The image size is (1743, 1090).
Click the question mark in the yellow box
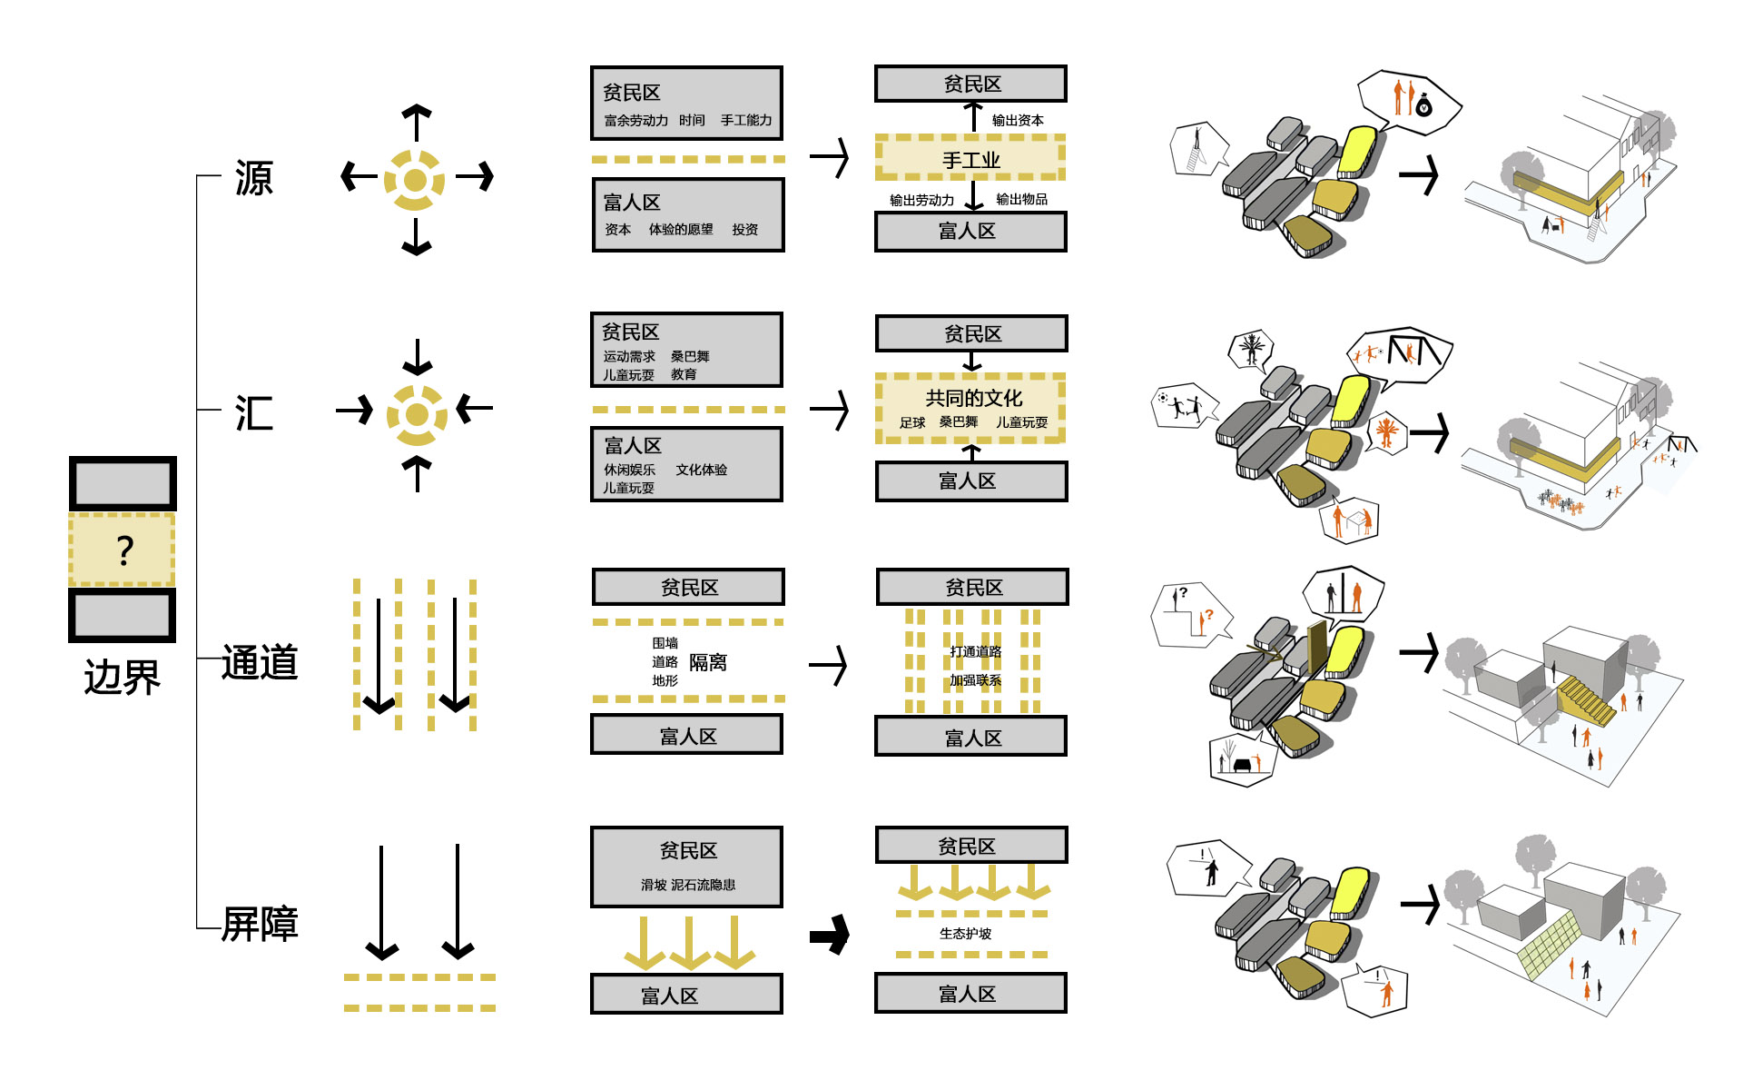[124, 550]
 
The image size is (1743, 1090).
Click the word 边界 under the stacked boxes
[122, 678]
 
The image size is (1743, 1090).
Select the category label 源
[253, 178]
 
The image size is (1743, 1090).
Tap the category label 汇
[253, 413]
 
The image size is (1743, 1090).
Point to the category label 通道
[260, 662]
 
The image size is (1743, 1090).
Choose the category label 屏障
[260, 924]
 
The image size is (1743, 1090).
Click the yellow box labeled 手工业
[970, 160]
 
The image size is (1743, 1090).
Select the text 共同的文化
[973, 398]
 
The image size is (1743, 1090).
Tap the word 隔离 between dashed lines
[707, 662]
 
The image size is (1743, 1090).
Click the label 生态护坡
[965, 934]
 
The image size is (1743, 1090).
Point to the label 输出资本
[1018, 120]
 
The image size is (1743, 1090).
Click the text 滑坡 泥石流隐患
[688, 885]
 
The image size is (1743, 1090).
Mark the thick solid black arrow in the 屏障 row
[830, 934]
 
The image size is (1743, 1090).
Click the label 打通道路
[975, 651]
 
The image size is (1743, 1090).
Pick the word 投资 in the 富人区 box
[744, 230]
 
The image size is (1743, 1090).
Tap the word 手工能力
[746, 120]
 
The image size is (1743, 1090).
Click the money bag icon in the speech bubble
[1423, 105]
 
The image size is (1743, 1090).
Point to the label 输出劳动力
[921, 200]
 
